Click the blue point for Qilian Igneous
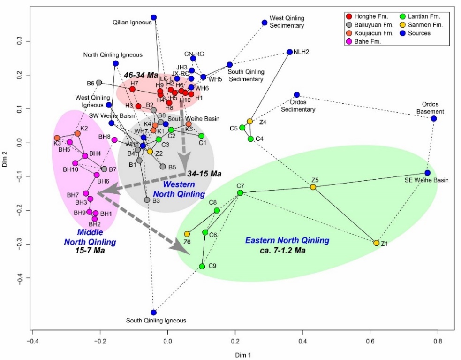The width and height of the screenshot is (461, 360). tap(153, 17)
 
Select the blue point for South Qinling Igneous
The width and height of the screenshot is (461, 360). tap(153, 312)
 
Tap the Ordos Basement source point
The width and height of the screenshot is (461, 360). tap(434, 118)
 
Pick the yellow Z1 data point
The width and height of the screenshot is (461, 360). tap(376, 243)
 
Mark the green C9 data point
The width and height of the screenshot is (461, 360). tap(202, 266)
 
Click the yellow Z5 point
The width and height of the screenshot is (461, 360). tap(313, 187)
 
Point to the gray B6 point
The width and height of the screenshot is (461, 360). tap(99, 83)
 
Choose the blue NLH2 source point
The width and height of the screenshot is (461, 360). tap(289, 52)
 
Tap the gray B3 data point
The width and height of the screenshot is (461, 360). tap(147, 199)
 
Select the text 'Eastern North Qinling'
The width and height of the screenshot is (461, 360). tap(287, 240)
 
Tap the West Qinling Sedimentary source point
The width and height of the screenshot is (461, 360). tap(265, 23)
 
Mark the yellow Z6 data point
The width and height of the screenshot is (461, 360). tap(187, 234)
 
